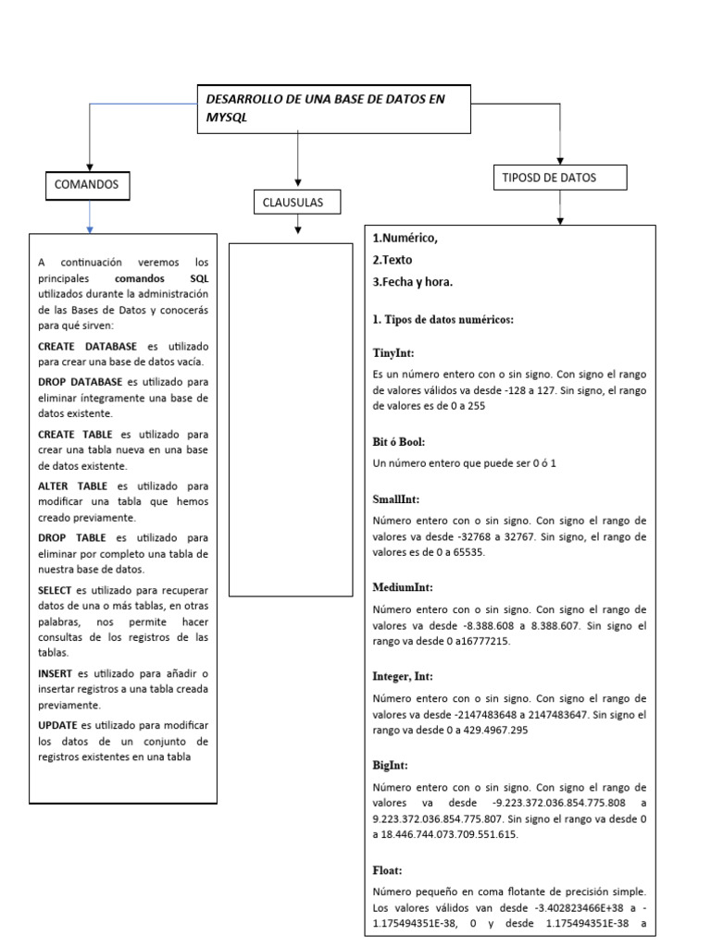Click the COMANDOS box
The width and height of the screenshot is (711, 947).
(87, 185)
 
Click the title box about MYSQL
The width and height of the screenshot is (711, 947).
(334, 108)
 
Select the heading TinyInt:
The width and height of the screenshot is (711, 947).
(394, 352)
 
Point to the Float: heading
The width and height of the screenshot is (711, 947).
(388, 869)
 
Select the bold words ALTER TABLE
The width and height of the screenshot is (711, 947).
(72, 485)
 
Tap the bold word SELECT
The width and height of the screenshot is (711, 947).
(56, 590)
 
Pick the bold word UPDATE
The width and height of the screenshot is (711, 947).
(57, 724)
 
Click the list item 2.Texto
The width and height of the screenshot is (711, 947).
(393, 260)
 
